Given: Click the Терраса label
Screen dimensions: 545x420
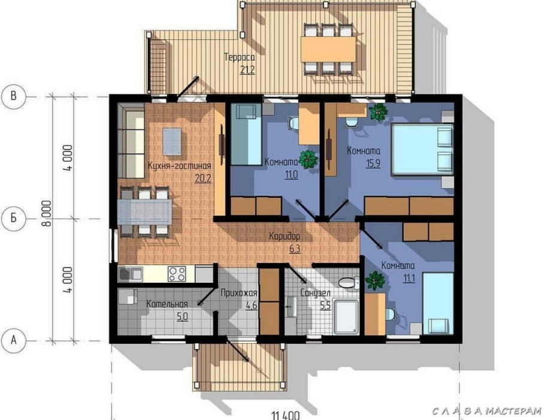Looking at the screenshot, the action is [x=240, y=57].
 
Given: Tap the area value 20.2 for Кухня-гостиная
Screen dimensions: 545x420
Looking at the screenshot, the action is [x=203, y=179].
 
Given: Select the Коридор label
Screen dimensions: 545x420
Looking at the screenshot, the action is [x=284, y=237].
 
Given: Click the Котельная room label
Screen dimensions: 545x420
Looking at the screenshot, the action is [x=167, y=304].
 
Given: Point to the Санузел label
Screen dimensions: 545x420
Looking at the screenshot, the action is [x=315, y=293].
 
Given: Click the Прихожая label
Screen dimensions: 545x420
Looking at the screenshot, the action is [x=239, y=293].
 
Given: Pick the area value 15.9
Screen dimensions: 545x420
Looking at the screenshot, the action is [x=373, y=164].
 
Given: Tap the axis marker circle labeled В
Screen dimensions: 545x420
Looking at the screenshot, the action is [x=14, y=96].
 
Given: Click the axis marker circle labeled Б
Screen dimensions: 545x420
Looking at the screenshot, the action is [x=14, y=218].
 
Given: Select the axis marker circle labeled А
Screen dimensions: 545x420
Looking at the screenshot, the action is [x=14, y=340].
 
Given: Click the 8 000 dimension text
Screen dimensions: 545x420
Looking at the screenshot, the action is [x=47, y=213].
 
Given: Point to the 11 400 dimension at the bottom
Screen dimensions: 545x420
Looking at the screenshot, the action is [x=285, y=415].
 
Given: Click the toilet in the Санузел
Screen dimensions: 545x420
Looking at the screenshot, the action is [x=349, y=282].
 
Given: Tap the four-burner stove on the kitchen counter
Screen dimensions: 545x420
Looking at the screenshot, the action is [x=177, y=274].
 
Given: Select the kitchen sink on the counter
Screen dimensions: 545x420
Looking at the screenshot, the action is [x=131, y=274].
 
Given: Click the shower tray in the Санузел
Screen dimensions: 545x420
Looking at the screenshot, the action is [x=346, y=317].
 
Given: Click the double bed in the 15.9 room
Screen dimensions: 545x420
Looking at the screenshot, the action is [x=423, y=149].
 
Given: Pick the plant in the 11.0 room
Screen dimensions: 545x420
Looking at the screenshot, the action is [x=308, y=159].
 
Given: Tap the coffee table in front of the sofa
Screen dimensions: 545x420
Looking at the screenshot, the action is [x=172, y=141].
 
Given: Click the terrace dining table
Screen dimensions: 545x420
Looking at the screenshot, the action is [x=328, y=49].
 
